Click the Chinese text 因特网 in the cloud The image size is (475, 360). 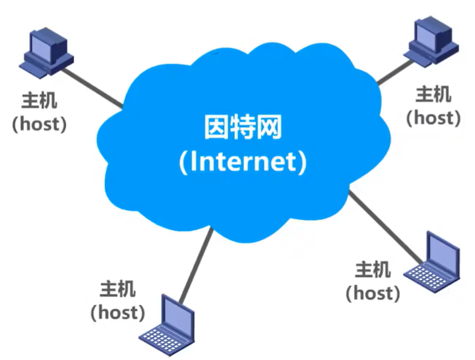242,128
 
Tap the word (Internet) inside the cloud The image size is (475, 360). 242,162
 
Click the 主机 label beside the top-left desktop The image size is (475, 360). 39,101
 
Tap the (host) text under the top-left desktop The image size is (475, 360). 39,124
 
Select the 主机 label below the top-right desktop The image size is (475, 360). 433,94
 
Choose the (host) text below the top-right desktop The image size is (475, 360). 433,117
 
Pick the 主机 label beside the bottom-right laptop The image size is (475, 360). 372,270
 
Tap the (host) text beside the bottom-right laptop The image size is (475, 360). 372,293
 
